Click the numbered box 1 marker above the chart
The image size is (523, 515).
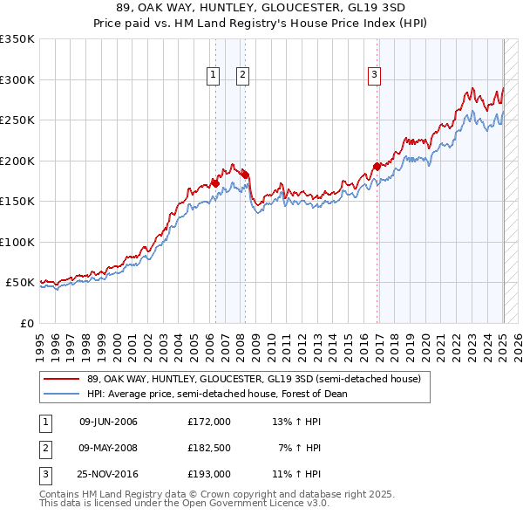point(214,76)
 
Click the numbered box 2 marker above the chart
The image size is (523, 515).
point(241,76)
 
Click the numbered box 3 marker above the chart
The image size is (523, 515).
point(374,76)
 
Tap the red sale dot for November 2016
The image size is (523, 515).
point(377,167)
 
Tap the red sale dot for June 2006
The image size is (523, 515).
point(215,183)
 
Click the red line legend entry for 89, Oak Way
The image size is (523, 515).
point(253,379)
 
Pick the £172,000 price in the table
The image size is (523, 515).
point(209,422)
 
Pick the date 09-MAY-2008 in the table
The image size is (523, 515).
point(108,448)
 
